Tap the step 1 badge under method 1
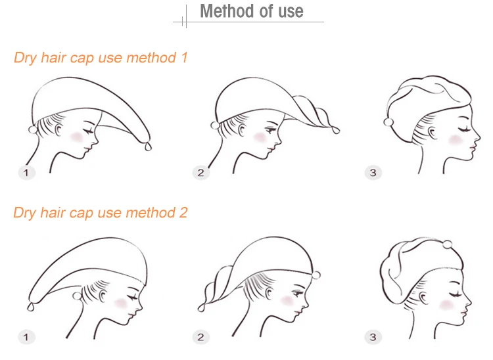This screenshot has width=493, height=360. pos(26,173)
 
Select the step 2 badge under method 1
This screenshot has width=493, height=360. pos(201,173)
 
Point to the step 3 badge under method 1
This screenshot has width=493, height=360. pos(373,173)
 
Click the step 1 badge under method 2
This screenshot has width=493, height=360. pos(26,337)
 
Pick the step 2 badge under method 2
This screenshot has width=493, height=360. pos(201,337)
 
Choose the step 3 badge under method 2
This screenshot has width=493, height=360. pos(373,337)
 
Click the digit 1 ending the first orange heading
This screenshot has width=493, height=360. pos(184,58)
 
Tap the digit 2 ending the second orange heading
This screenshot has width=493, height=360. pos(183,213)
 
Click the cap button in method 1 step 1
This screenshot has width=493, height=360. pos(33,129)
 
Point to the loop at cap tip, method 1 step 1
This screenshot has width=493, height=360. pos(148,146)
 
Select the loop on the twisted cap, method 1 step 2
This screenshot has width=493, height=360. pos(335,129)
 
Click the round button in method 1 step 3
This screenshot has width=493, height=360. pos(388,122)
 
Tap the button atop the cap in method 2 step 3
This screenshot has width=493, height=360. pos(447,244)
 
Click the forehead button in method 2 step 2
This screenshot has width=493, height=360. pos(316,275)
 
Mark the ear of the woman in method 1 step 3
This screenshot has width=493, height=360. pos(433,133)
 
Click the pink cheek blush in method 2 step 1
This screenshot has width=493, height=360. pos(120,303)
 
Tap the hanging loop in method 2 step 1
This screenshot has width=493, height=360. pos(30,307)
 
